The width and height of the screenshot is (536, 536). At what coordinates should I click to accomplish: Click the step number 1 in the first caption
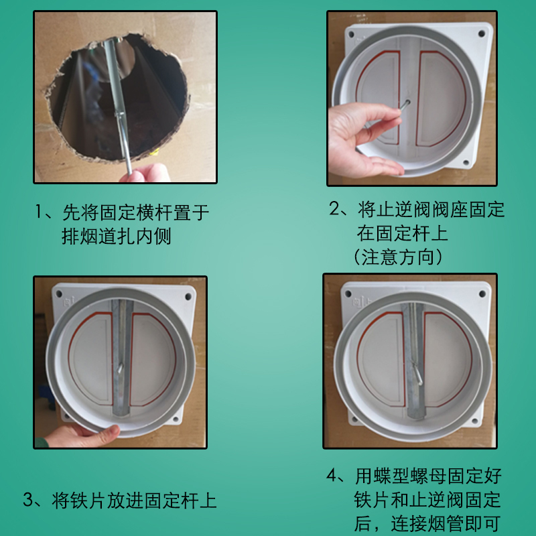tap(41, 213)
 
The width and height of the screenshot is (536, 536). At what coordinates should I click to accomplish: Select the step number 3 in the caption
tap(29, 499)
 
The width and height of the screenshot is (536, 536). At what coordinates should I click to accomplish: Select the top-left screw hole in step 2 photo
tap(349, 32)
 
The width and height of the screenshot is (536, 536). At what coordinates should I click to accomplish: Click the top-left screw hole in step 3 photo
tap(60, 293)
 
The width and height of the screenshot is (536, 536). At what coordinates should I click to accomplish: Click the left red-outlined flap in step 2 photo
tap(379, 97)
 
